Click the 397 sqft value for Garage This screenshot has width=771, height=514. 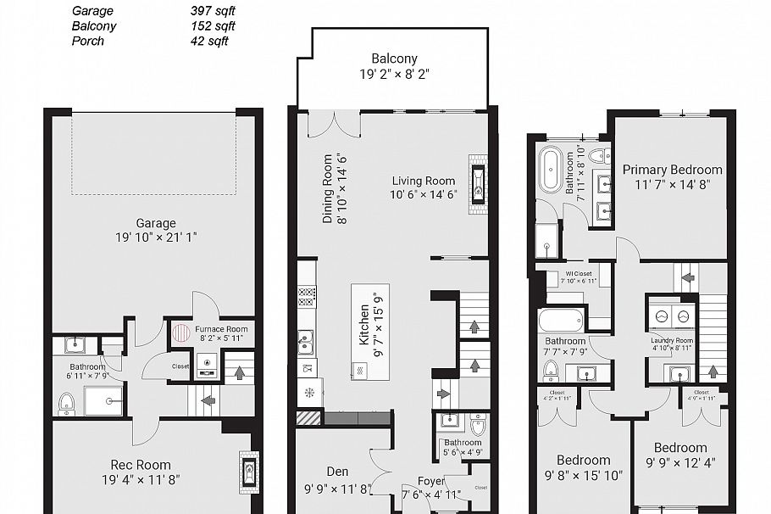pyautogui.click(x=213, y=11)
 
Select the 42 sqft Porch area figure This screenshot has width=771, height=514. pyautogui.click(x=209, y=41)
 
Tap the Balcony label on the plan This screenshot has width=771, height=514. pyautogui.click(x=394, y=59)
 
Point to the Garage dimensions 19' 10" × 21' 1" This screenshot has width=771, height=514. pyautogui.click(x=156, y=237)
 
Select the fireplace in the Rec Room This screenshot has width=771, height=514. pyautogui.click(x=249, y=471)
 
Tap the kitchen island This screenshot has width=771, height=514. pyautogui.click(x=370, y=332)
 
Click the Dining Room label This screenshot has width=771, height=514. pyautogui.click(x=328, y=188)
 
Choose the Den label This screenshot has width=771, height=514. pyautogui.click(x=337, y=472)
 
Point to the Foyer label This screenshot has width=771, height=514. pyautogui.click(x=419, y=481)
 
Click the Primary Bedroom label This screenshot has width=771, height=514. pyautogui.click(x=672, y=170)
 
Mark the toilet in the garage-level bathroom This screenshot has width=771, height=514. pyautogui.click(x=66, y=402)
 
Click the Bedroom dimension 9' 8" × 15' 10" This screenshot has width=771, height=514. pyautogui.click(x=583, y=476)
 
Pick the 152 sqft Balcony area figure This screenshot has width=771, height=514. pyautogui.click(x=213, y=26)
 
